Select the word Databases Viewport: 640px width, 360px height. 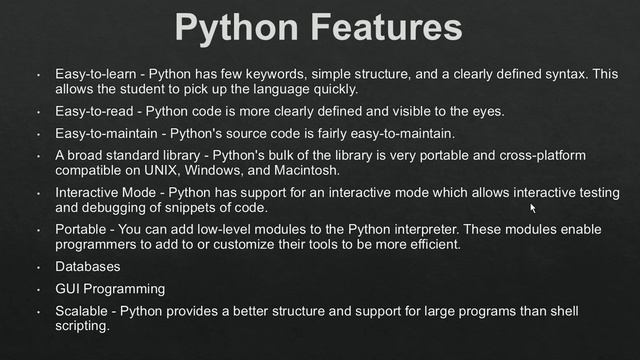click(88, 267)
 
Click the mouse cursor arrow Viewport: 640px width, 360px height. click(533, 208)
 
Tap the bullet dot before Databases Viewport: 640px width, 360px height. click(36, 267)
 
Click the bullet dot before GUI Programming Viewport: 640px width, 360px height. click(36, 289)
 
